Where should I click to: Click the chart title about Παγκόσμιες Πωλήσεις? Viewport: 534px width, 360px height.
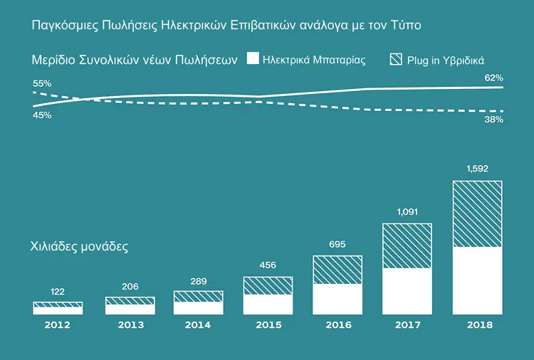(x=226, y=25)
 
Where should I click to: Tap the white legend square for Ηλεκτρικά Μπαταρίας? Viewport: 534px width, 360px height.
(x=253, y=58)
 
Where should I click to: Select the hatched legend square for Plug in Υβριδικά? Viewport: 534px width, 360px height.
(x=396, y=59)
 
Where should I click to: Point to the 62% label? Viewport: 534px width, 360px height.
(x=494, y=78)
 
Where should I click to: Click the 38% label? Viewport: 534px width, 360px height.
(x=494, y=120)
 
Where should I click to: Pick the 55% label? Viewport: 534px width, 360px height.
(x=42, y=83)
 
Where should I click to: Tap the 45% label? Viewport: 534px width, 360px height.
(x=42, y=115)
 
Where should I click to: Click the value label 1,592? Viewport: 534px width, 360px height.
(x=478, y=169)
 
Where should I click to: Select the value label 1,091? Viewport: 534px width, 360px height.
(x=407, y=212)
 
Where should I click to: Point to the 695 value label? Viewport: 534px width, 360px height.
(x=337, y=244)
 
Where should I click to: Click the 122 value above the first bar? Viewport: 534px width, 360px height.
(x=57, y=292)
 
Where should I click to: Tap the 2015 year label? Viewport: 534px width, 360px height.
(x=268, y=325)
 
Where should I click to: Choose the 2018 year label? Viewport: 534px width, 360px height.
(x=479, y=325)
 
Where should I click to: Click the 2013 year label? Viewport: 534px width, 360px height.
(x=131, y=325)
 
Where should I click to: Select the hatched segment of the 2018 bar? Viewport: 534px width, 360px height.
(x=478, y=213)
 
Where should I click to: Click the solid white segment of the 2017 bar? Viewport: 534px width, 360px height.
(x=407, y=291)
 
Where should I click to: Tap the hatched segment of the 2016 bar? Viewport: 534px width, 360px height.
(x=337, y=270)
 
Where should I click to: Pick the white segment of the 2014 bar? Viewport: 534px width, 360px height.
(x=199, y=308)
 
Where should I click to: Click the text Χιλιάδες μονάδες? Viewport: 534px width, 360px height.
(x=79, y=246)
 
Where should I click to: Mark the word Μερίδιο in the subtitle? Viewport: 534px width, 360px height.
(x=53, y=60)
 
